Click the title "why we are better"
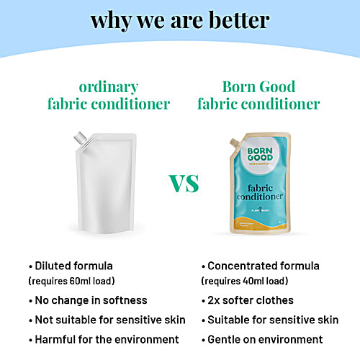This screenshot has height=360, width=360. click(179, 21)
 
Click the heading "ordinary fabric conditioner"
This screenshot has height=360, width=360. click(109, 94)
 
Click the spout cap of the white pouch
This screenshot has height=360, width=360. click(81, 136)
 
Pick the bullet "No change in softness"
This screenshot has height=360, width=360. click(88, 300)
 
